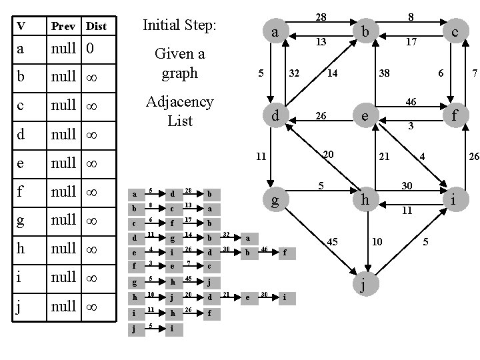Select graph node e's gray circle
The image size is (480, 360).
point(364,116)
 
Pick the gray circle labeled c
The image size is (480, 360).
point(453,31)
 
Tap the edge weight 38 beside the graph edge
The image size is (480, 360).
point(384,73)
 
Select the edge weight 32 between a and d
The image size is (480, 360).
point(294,73)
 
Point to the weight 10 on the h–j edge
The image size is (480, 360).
point(377,241)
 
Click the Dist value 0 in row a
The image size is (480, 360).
point(89,49)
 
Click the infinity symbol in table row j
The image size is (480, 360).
point(91,308)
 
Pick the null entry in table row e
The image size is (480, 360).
point(65,163)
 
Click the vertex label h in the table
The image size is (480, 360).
point(22,249)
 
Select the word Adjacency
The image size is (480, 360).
point(180,102)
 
